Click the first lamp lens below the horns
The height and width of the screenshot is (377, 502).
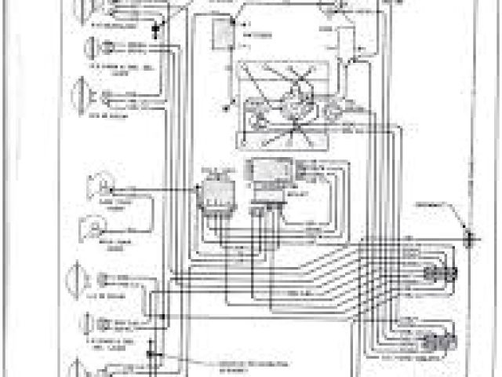pyautogui.click(x=84, y=281)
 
